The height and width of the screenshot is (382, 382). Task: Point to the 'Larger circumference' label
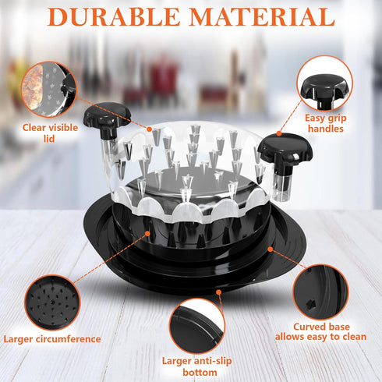[x=52, y=338]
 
